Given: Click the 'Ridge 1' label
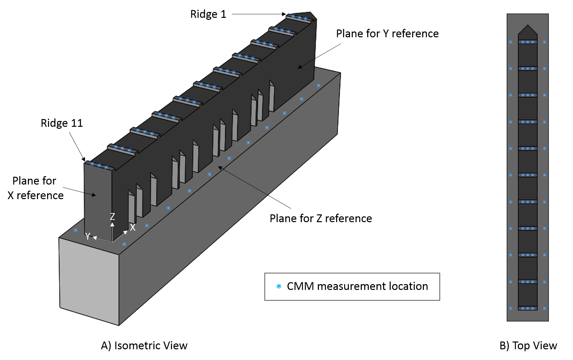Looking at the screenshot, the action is tap(208, 14).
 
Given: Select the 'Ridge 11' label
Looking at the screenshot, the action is tap(62, 123).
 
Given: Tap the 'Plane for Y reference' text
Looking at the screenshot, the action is tap(387, 34).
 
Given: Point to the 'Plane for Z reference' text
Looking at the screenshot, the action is tap(321, 219).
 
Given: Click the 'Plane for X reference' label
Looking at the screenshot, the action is tap(35, 188).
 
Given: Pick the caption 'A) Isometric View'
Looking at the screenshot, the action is tap(144, 346).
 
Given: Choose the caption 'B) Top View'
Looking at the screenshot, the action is tap(528, 346).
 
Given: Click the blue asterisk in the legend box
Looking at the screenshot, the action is tap(279, 287).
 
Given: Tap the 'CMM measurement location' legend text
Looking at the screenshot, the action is tap(357, 286).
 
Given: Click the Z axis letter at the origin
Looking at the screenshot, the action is tap(112, 216).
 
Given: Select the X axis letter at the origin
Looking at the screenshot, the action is tap(133, 227).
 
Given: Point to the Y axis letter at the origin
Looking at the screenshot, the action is tap(88, 236).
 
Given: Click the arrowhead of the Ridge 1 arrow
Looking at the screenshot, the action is tap(284, 14).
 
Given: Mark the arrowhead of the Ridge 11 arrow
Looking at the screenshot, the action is tap(84, 159).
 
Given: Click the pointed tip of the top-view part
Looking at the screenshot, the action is tap(528, 25).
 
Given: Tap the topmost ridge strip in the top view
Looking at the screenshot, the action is tap(528, 42).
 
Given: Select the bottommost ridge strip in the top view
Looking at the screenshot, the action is tap(528, 308).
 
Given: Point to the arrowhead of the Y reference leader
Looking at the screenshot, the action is tap(300, 67).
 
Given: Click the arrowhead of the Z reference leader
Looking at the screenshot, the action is tap(220, 167).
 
